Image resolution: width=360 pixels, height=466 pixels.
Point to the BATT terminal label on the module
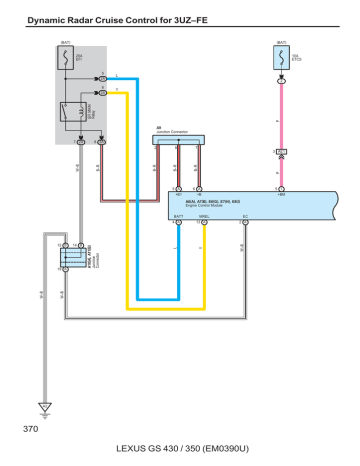pyautogui.click(x=178, y=214)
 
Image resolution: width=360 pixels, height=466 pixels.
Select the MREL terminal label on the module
pyautogui.click(x=204, y=214)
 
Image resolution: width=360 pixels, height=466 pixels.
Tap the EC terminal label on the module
pyautogui.click(x=245, y=214)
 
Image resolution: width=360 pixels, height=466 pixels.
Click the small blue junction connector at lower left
pyautogui.click(x=71, y=256)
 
